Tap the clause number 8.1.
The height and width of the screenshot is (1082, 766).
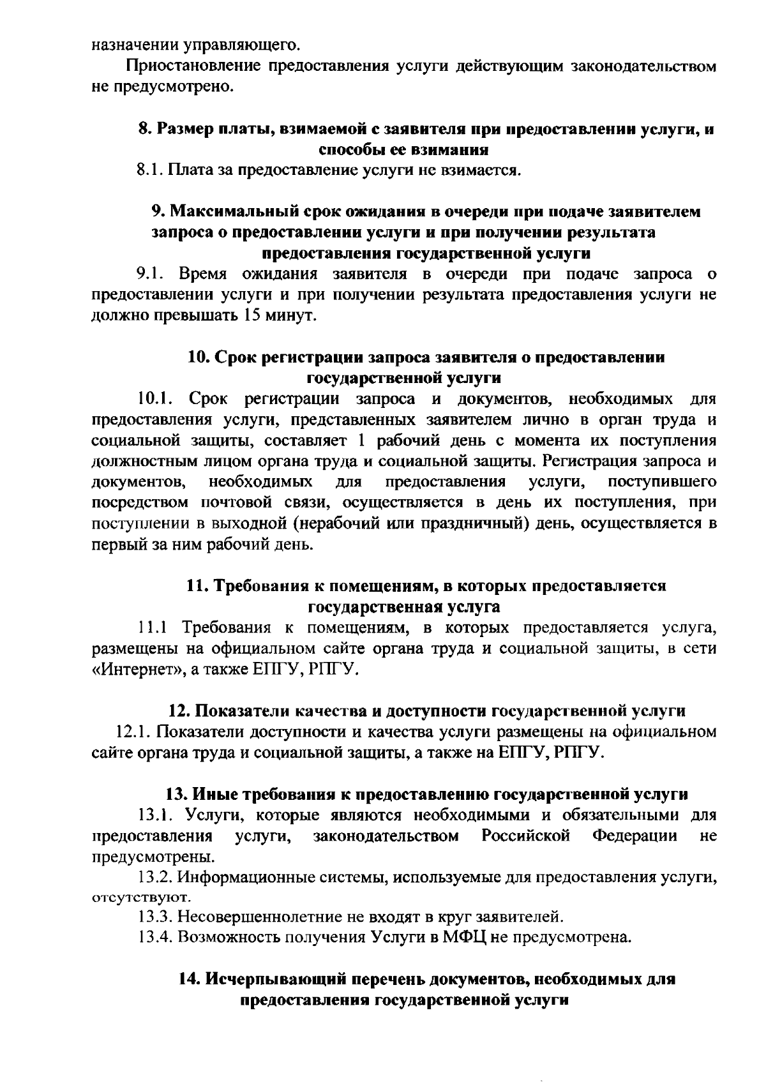151,170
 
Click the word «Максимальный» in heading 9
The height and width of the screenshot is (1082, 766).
235,211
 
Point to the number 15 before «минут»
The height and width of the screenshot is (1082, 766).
253,316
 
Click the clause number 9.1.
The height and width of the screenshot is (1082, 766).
151,274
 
